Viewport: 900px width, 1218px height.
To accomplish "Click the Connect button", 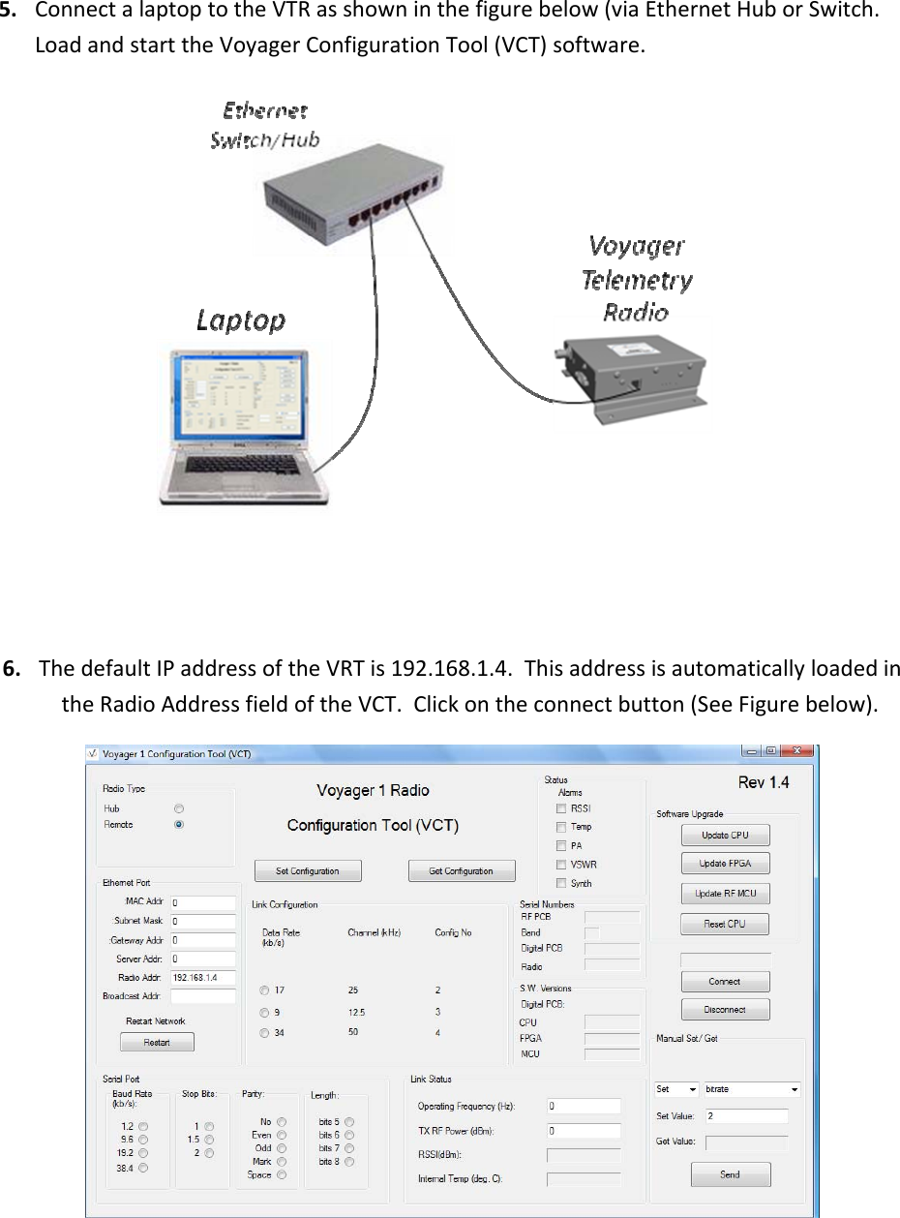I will coord(725,981).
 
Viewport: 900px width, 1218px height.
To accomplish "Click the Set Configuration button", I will coord(308,870).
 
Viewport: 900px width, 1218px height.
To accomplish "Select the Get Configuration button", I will coord(461,870).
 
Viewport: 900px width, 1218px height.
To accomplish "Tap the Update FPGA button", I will coord(725,864).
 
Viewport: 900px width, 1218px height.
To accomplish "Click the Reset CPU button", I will coord(725,924).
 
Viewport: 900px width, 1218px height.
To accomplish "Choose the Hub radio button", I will coord(178,807).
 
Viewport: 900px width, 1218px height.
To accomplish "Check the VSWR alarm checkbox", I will coord(561,864).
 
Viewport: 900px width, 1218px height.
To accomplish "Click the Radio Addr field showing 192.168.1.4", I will coord(203,977).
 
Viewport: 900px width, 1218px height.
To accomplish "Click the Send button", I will coord(731,1174).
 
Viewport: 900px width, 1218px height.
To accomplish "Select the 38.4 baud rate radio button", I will coord(143,1168).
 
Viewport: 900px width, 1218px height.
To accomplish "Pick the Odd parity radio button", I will coord(283,1147).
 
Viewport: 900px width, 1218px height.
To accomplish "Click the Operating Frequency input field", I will coord(584,1105).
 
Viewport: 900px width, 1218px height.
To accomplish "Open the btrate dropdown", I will coord(752,1089).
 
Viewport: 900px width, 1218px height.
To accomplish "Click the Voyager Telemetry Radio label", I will coord(637,277).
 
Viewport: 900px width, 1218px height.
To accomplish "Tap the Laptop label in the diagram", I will coord(240,320).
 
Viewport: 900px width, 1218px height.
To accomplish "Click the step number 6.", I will coord(15,668).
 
